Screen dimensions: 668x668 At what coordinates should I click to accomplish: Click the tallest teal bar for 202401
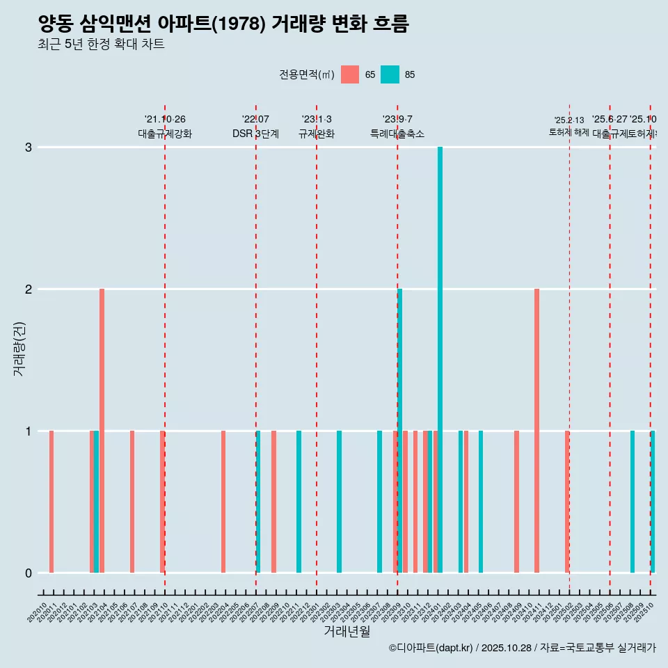[440, 360]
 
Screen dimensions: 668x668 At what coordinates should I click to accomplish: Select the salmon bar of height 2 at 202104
[102, 431]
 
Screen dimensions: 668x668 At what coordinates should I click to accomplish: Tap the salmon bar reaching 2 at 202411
[536, 431]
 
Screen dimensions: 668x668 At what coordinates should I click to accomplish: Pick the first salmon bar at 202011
[51, 502]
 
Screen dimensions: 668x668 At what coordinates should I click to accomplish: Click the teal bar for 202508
[633, 502]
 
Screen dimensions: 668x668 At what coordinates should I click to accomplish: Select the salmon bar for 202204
[223, 502]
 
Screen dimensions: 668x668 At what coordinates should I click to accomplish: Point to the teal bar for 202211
[299, 502]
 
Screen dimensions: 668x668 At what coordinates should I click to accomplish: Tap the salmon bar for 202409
[516, 502]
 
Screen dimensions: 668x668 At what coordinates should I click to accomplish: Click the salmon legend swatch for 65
[350, 74]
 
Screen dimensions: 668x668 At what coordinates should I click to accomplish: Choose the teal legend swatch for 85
[390, 74]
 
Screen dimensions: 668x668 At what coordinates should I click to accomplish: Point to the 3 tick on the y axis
[29, 148]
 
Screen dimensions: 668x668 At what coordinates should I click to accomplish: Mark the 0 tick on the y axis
[29, 573]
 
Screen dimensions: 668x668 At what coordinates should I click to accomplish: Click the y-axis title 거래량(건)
[19, 348]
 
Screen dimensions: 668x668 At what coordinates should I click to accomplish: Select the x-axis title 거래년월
[347, 631]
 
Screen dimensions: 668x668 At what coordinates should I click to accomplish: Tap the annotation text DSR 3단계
[255, 134]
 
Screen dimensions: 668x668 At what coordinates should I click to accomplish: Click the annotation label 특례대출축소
[397, 134]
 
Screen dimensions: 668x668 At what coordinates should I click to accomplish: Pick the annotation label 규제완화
[317, 134]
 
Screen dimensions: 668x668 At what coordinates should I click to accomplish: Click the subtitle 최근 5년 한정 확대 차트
[101, 45]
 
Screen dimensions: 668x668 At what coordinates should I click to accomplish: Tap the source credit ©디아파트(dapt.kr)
[431, 648]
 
